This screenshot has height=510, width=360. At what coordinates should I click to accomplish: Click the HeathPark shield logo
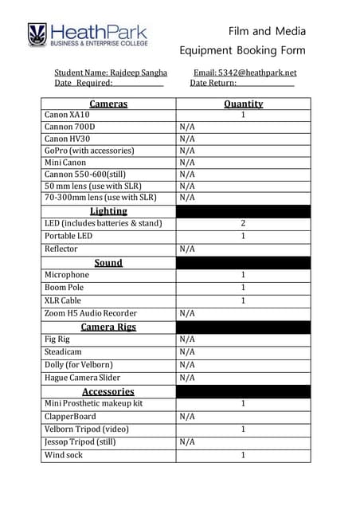[37, 34]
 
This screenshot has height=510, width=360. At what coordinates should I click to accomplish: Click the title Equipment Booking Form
[243, 50]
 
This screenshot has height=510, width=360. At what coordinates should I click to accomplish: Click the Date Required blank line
[139, 83]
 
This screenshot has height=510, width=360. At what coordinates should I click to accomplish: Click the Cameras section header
[108, 104]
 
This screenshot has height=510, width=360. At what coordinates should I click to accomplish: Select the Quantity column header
[243, 104]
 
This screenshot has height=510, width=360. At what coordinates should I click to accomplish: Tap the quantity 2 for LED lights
[243, 223]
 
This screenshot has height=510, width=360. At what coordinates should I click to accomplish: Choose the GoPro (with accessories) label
[89, 150]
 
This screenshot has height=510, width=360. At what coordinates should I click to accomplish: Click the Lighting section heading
[108, 211]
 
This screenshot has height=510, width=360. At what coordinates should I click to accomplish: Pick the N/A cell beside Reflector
[187, 249]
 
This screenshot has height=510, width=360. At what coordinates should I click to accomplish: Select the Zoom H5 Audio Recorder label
[91, 313]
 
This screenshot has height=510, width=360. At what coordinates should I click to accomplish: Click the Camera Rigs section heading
[108, 327]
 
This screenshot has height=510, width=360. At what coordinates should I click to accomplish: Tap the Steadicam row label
[63, 351]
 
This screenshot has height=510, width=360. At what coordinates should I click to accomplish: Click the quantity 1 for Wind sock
[243, 455]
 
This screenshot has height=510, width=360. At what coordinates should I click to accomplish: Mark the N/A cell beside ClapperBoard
[187, 416]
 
